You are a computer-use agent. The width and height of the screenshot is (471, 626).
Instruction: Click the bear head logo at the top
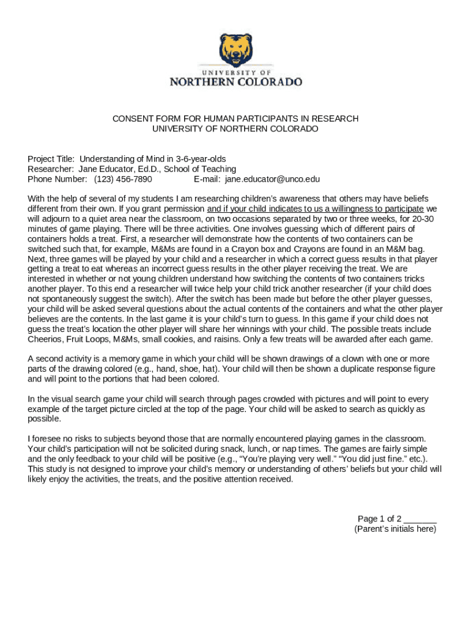coord(236,51)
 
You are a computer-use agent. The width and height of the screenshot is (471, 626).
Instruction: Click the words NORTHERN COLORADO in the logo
coord(236,81)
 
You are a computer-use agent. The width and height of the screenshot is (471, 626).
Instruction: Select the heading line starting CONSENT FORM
coord(236,119)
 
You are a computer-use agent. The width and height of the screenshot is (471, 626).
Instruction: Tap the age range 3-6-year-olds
coord(201,159)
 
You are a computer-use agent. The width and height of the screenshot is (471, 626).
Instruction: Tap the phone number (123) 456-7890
coord(123,179)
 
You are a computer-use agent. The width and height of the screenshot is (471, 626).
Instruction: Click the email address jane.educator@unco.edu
coord(272,179)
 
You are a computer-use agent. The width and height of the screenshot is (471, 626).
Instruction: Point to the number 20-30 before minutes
coord(423,219)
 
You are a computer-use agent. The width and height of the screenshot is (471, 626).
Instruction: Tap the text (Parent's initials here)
coord(395,529)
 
